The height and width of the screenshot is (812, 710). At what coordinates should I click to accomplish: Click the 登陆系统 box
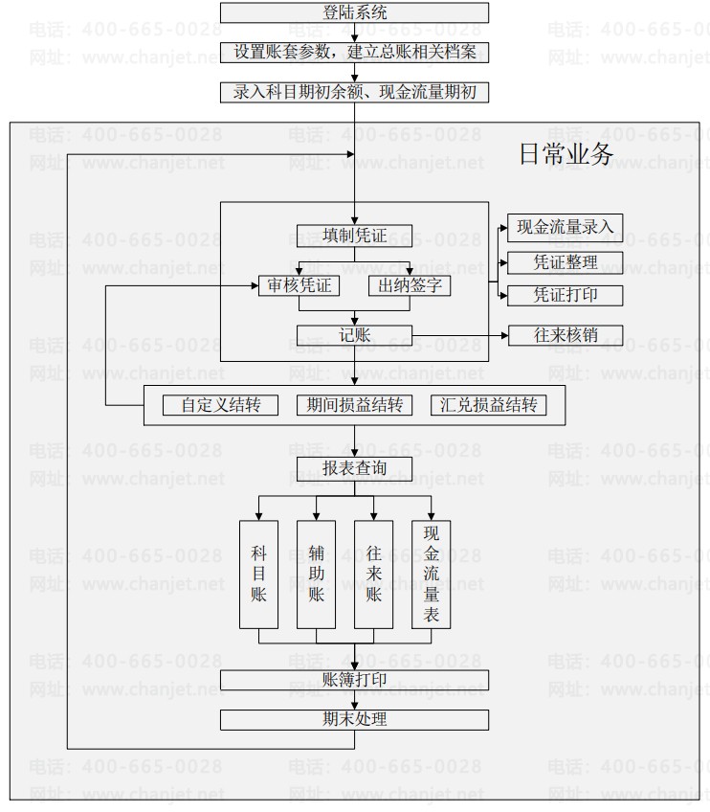pos(354,12)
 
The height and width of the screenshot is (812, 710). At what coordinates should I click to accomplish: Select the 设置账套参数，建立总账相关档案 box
pos(354,52)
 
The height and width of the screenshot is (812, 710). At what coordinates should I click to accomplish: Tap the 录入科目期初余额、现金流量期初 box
pos(354,92)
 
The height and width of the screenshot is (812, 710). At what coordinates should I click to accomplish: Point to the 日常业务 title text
pos(566,153)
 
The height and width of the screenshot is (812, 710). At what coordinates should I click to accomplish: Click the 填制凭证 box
pos(354,236)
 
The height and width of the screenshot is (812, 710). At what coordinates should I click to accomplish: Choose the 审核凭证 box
pos(299,285)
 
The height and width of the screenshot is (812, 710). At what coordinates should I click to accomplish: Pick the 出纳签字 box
pos(410,285)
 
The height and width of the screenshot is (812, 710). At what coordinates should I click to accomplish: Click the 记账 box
pos(354,335)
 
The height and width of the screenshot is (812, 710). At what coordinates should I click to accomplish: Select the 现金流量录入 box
pos(565,226)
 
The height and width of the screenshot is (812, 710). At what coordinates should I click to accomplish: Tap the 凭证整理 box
pos(565,262)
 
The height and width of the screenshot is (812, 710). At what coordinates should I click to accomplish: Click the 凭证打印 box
pos(565,295)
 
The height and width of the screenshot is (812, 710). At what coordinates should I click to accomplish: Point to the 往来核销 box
pos(565,335)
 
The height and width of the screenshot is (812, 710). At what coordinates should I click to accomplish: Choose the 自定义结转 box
pos(221,405)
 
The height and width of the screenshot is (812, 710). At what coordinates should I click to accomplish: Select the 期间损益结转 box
pos(354,405)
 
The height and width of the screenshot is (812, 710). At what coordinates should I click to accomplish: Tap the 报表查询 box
pos(354,468)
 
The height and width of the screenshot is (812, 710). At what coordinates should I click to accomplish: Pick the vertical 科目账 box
pos(258,575)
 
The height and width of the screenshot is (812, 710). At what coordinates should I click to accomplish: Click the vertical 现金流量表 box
pos(431,575)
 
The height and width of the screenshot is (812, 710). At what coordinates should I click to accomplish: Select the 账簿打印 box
pos(354,680)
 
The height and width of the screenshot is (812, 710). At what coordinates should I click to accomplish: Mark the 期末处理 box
pos(354,719)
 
